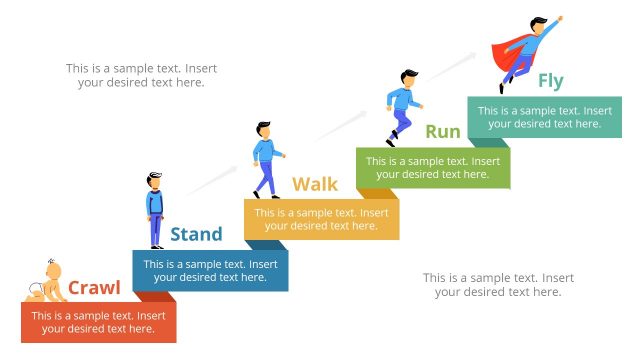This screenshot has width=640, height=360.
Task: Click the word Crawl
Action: (x=94, y=289)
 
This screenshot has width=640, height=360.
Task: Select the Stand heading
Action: (x=196, y=235)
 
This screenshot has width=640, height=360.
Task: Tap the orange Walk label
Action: (x=315, y=184)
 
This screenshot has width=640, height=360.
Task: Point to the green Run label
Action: (x=443, y=131)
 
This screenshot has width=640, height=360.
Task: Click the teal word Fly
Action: (x=551, y=81)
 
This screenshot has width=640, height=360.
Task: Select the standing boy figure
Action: (x=155, y=210)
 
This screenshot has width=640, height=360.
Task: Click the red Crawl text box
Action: (x=98, y=322)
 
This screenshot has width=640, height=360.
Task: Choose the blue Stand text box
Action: (x=210, y=271)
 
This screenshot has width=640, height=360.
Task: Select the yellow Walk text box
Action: (x=321, y=219)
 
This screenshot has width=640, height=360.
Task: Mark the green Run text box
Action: (x=433, y=168)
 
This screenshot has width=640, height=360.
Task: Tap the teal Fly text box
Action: (x=544, y=117)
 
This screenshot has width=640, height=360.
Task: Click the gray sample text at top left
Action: (x=141, y=75)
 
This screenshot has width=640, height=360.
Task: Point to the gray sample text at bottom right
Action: (x=498, y=284)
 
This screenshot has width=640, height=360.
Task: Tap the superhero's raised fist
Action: (x=558, y=19)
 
